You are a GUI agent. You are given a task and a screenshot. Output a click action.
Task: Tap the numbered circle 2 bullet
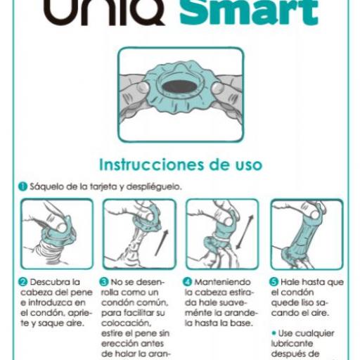[22, 282]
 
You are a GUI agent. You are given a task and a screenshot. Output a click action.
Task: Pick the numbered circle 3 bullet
[105, 282]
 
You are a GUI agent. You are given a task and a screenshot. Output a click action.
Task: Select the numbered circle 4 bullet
[188, 282]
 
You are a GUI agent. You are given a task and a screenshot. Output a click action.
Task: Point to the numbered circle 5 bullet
[275, 282]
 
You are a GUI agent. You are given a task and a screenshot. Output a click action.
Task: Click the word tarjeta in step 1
[96, 187]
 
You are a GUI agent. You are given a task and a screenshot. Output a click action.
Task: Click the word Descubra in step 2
[47, 282]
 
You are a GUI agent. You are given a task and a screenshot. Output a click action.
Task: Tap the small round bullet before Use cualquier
[274, 333]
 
